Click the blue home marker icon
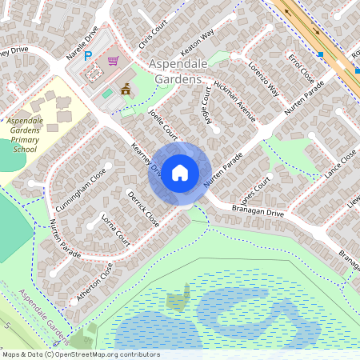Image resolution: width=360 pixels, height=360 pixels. [x=180, y=173]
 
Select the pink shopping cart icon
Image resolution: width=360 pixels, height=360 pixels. [x=114, y=61]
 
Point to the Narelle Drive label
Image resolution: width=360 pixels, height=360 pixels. [x=82, y=44]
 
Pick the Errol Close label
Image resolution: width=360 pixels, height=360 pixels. [x=301, y=70]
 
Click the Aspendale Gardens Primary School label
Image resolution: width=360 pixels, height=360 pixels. [x=30, y=134]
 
